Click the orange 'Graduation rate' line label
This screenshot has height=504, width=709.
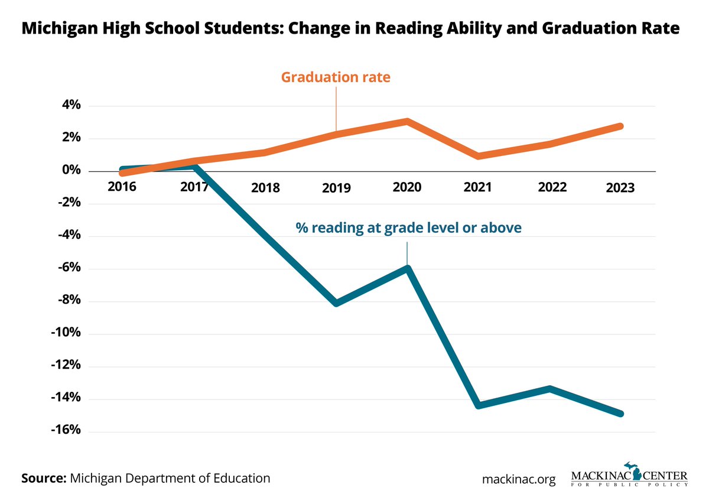tap(336, 77)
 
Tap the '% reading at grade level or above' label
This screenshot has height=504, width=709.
tap(408, 227)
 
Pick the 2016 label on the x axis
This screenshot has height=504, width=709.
tap(122, 187)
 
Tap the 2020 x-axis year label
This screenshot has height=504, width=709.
tap(406, 187)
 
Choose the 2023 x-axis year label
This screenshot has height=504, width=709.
tap(620, 188)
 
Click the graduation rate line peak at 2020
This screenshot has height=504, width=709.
tap(407, 121)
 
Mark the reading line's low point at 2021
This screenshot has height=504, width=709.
tap(478, 405)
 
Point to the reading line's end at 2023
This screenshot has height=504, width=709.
tap(620, 414)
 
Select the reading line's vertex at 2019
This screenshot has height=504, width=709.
tap(336, 303)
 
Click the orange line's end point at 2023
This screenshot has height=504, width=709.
tap(620, 126)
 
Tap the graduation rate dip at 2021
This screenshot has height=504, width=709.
tap(478, 156)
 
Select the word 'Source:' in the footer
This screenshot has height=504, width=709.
tap(43, 478)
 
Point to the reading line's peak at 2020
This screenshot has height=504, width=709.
tap(407, 269)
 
